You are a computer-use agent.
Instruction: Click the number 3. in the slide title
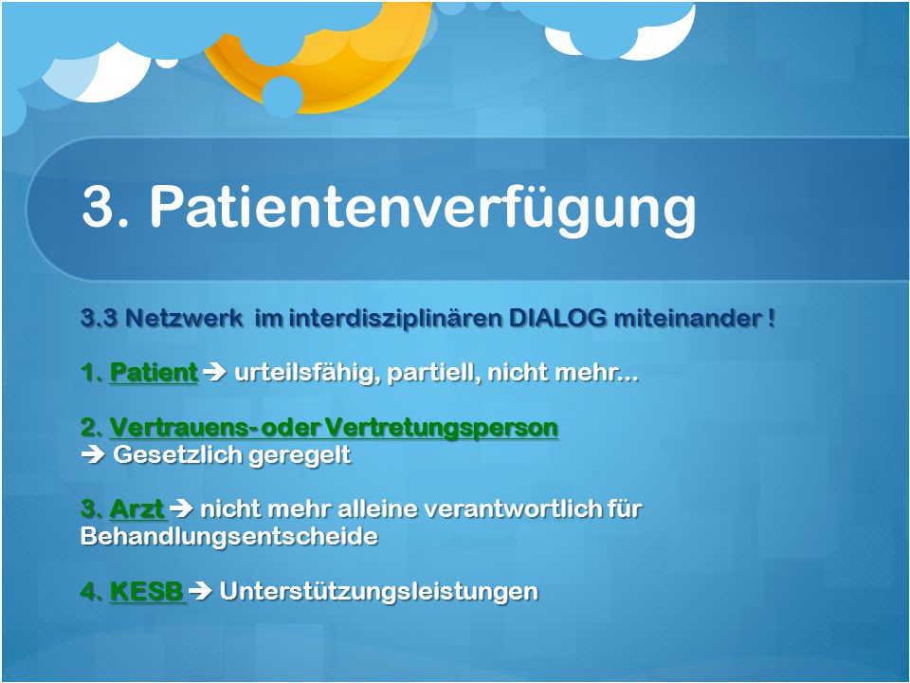click(105, 206)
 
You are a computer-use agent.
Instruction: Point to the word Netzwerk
click(184, 319)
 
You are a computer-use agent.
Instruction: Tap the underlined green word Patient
click(154, 372)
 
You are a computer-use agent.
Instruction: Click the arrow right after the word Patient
click(215, 372)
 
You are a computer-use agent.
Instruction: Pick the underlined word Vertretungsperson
click(441, 428)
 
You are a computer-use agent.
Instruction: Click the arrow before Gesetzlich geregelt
click(93, 454)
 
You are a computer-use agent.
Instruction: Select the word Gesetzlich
click(177, 454)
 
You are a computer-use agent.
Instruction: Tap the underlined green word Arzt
click(137, 508)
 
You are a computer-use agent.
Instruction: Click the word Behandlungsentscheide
click(229, 535)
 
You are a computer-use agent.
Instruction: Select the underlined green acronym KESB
click(148, 591)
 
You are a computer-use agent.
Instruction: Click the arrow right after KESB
click(201, 591)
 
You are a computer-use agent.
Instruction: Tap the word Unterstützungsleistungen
click(379, 592)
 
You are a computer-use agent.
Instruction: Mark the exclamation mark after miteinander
click(772, 319)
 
